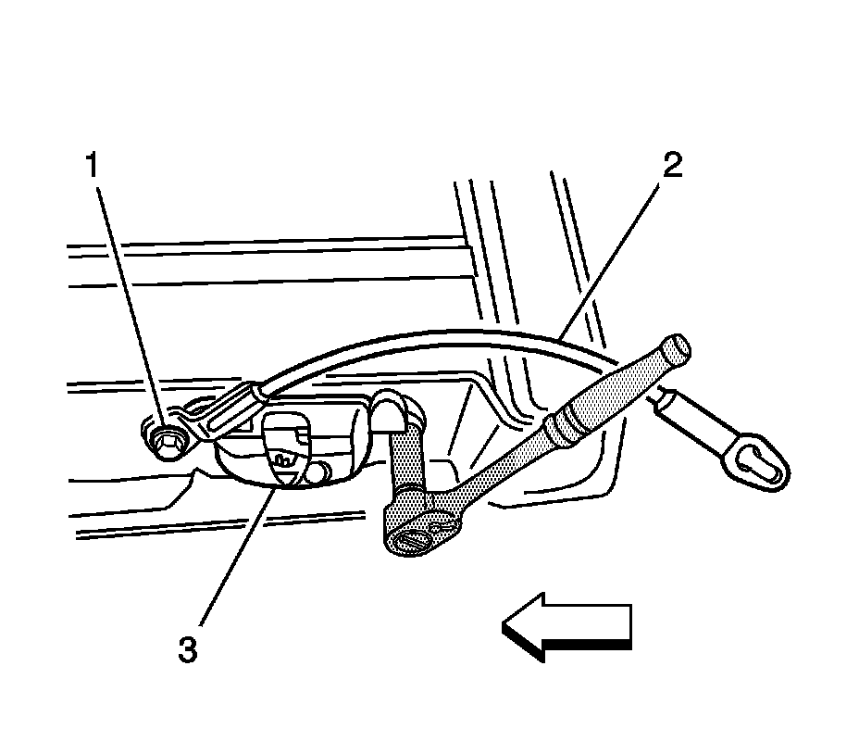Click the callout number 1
tap(93, 168)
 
